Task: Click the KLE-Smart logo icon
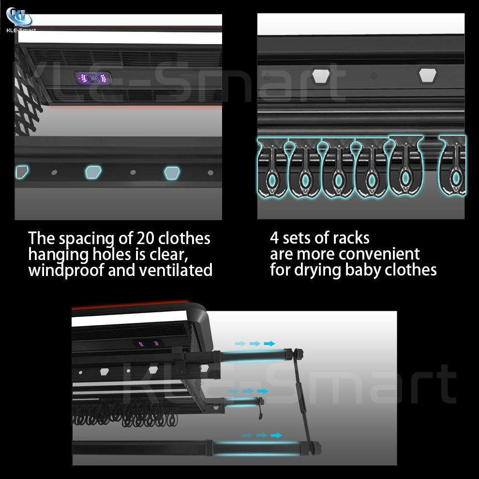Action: (19, 17)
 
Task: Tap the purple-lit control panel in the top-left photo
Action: (93, 78)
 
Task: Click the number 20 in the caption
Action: (145, 238)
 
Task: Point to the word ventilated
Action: (176, 270)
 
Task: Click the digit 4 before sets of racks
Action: (274, 238)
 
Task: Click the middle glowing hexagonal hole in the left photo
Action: (93, 172)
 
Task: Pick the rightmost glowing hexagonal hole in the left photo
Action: (172, 173)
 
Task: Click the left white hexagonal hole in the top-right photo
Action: (321, 75)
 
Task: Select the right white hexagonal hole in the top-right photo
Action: (427, 75)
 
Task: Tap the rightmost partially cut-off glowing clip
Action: (453, 166)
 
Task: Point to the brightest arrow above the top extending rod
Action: (269, 343)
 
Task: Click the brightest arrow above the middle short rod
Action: (262, 391)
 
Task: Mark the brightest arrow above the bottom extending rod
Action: (276, 435)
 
